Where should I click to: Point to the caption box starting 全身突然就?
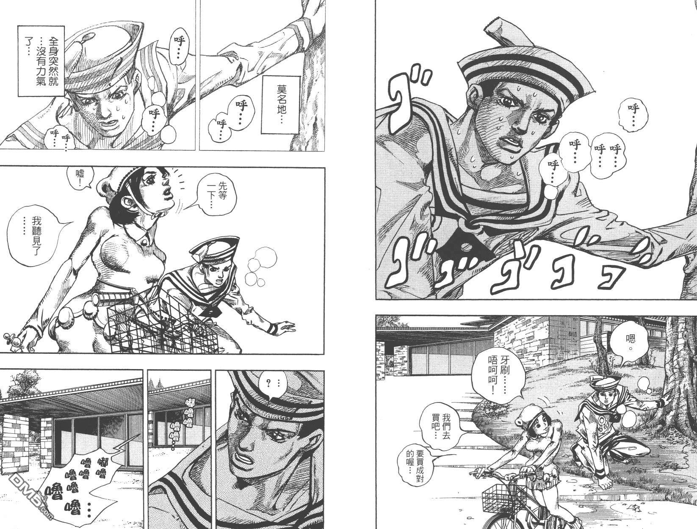click(x=41, y=61)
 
